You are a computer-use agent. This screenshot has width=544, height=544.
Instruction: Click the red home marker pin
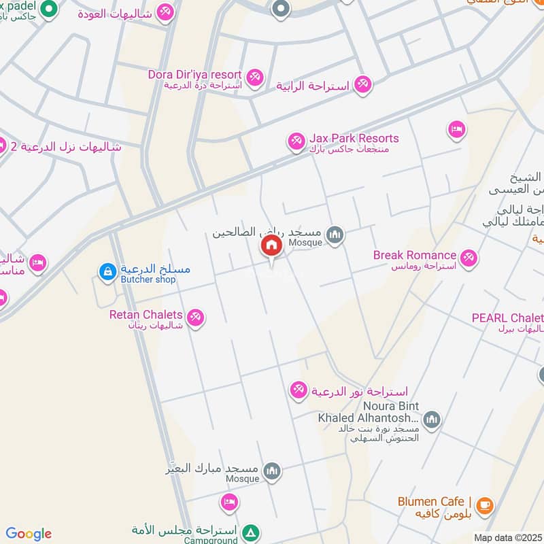click(x=271, y=245)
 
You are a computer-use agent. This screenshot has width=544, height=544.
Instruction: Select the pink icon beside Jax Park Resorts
click(x=296, y=141)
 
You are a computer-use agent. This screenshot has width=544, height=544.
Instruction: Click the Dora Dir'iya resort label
click(x=195, y=74)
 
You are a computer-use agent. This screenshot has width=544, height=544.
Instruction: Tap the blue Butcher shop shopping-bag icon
click(x=107, y=272)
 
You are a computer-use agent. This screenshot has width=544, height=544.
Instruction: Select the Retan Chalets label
click(x=146, y=315)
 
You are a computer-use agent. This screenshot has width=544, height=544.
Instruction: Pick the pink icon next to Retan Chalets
click(x=196, y=318)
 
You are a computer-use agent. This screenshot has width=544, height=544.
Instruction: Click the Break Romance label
click(x=415, y=255)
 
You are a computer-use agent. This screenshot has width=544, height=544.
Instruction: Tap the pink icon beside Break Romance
click(x=468, y=258)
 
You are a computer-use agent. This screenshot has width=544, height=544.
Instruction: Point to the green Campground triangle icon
click(x=251, y=531)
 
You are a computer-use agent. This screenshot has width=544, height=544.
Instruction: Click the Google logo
click(x=29, y=534)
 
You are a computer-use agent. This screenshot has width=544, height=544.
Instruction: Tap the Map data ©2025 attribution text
click(x=507, y=537)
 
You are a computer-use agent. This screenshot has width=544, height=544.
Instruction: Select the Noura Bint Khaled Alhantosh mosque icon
click(x=432, y=421)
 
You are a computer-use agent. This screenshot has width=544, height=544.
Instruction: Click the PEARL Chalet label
click(x=507, y=318)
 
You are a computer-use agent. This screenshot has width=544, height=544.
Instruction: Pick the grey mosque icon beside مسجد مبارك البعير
click(x=272, y=471)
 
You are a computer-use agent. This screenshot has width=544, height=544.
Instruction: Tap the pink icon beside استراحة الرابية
click(x=363, y=84)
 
